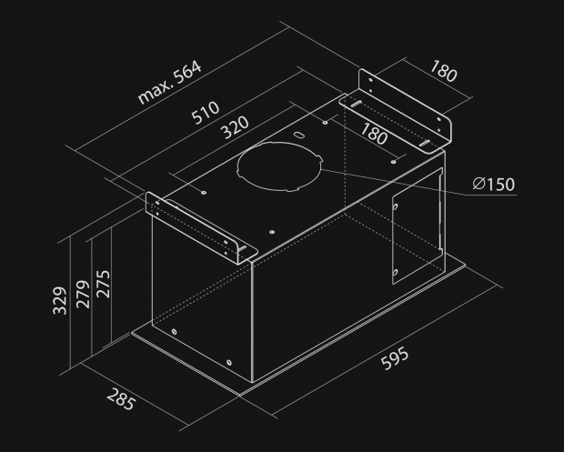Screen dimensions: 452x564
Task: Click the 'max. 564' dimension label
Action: [169, 83]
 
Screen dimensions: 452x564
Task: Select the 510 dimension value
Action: [206, 113]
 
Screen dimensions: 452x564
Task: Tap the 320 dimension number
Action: [236, 132]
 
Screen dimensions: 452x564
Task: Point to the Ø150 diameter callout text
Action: [494, 185]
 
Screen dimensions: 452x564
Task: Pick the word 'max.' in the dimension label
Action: [153, 92]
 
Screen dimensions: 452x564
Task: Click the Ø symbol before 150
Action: [478, 185]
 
